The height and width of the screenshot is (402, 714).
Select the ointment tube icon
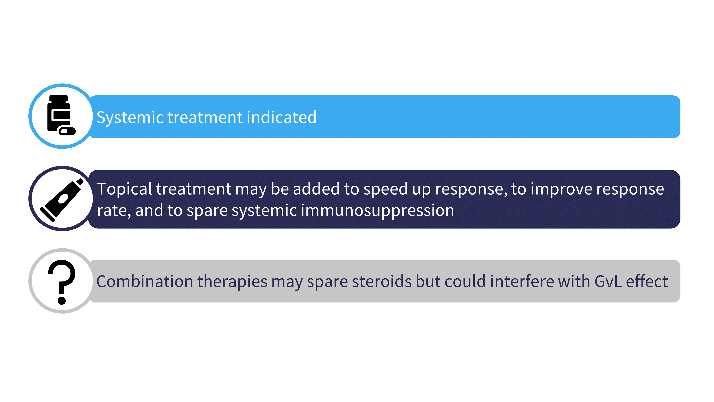pyautogui.click(x=62, y=200)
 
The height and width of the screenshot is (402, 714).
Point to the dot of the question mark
pyautogui.click(x=62, y=300)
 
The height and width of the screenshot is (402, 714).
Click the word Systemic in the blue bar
pyautogui.click(x=130, y=118)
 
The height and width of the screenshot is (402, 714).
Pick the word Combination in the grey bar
pyautogui.click(x=145, y=281)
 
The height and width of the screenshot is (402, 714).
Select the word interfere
pyautogui.click(x=522, y=281)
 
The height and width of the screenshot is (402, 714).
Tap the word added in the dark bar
pyautogui.click(x=316, y=189)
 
